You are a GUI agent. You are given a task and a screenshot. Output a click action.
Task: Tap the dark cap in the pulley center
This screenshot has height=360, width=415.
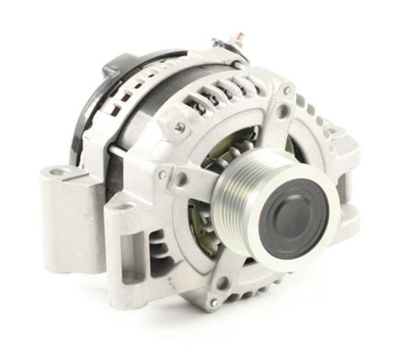pos(293,218)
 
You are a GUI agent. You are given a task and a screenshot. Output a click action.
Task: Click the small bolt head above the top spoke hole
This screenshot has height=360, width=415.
pos(286,90)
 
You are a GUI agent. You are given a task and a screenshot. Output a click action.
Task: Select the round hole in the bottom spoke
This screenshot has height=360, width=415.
pos(223,282)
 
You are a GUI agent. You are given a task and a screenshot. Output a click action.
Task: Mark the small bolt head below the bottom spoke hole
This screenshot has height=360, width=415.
pos(214,303)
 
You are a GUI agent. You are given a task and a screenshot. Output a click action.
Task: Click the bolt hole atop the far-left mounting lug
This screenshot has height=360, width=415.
pos(61,171)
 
